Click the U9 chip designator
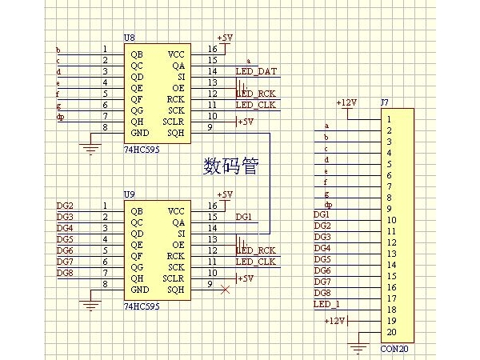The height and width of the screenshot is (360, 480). coord(130,194)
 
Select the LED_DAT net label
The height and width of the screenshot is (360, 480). coord(256,71)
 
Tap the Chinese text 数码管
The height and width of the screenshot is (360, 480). coord(232,166)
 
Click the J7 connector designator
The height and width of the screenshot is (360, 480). coord(384,103)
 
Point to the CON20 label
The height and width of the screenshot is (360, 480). coord(394,349)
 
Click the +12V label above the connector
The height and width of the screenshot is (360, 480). coord(346,102)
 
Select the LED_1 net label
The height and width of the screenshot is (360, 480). coord(326,305)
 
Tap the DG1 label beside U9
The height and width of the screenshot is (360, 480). coord(244,217)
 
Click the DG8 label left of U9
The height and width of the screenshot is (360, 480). coord(65,273)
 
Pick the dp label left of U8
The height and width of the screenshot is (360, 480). coord(60,117)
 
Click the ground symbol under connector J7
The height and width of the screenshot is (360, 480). coord(359,347)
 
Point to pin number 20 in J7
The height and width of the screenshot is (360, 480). coord(390,332)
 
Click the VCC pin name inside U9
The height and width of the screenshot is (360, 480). coord(176,211)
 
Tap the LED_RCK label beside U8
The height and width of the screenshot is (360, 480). coord(256,94)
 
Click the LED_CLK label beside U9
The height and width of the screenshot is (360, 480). coord(256,262)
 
